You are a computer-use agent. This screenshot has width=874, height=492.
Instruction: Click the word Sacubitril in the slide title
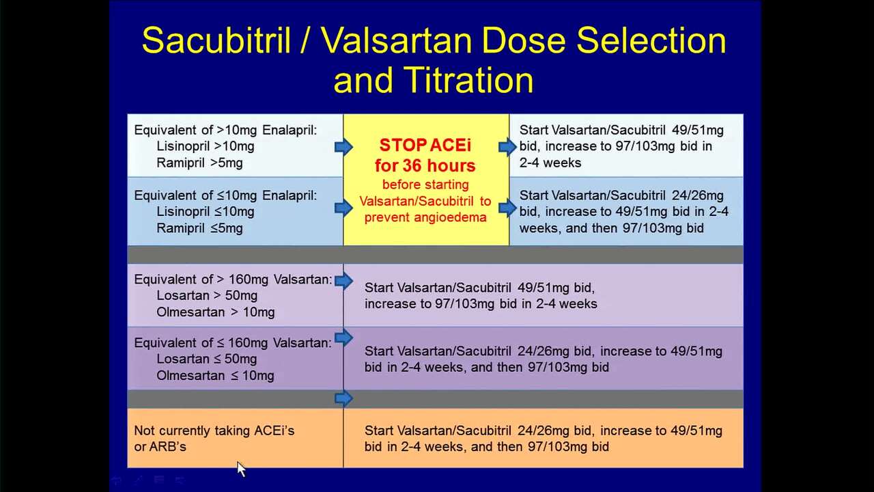[216, 40]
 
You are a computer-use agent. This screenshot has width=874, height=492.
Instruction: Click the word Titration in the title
[468, 80]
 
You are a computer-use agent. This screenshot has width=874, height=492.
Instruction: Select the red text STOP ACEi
[425, 146]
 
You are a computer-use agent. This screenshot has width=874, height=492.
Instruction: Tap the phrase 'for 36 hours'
[425, 165]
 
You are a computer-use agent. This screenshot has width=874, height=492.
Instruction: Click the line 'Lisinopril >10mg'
[206, 146]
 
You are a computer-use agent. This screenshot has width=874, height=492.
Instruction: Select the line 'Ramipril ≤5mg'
[199, 228]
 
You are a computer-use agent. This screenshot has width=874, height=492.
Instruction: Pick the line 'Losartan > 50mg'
[207, 296]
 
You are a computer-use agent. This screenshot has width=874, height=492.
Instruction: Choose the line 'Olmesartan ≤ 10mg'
[215, 376]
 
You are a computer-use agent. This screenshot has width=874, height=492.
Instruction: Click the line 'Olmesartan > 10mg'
[215, 312]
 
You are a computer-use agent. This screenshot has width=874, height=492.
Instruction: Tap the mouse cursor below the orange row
[241, 469]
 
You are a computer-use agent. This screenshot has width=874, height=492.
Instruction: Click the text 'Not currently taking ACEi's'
[214, 430]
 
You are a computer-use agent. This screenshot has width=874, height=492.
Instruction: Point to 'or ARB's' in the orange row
[160, 447]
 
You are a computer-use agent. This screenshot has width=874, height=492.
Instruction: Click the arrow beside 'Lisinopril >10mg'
[343, 147]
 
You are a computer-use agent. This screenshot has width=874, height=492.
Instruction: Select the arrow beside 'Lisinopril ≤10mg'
[343, 208]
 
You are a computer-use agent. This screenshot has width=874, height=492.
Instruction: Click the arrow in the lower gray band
[343, 398]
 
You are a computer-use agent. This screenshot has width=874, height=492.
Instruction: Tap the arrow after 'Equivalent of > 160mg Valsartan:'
[343, 281]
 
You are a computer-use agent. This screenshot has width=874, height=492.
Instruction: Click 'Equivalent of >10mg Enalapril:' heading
[225, 130]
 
